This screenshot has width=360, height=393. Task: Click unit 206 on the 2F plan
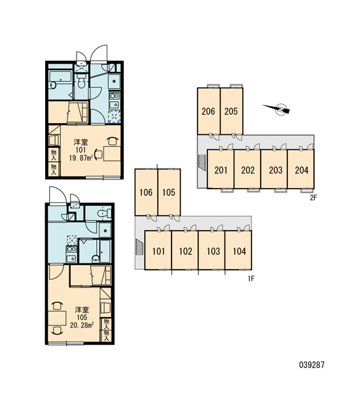click(x=208, y=111)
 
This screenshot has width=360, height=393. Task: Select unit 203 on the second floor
click(x=274, y=169)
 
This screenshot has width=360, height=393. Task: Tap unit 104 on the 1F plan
click(x=238, y=250)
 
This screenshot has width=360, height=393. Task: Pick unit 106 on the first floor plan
click(x=147, y=192)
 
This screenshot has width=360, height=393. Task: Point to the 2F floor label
click(x=314, y=198)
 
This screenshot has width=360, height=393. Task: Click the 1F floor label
click(x=251, y=278)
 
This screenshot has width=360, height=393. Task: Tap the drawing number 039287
click(x=312, y=365)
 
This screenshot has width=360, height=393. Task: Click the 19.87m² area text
click(x=81, y=158)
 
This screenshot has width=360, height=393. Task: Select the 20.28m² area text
click(x=82, y=325)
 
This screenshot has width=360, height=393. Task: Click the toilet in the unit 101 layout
click(x=81, y=81)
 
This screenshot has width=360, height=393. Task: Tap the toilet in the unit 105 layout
click(x=104, y=214)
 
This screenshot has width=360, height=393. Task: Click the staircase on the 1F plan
click(x=139, y=247)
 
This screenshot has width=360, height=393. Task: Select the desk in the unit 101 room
click(x=112, y=154)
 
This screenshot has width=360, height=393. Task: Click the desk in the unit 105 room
click(x=57, y=318)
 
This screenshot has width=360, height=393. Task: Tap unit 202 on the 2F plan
click(x=247, y=169)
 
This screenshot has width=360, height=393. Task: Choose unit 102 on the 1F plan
click(x=185, y=250)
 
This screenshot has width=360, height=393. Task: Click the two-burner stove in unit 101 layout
click(x=115, y=96)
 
